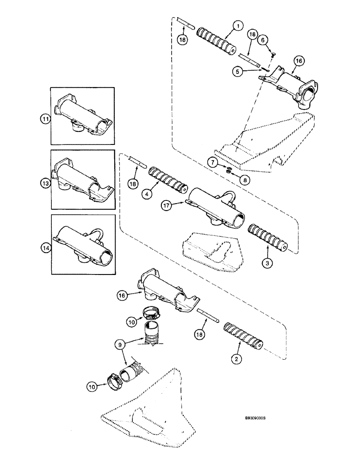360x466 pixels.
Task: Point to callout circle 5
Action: (239, 72)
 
